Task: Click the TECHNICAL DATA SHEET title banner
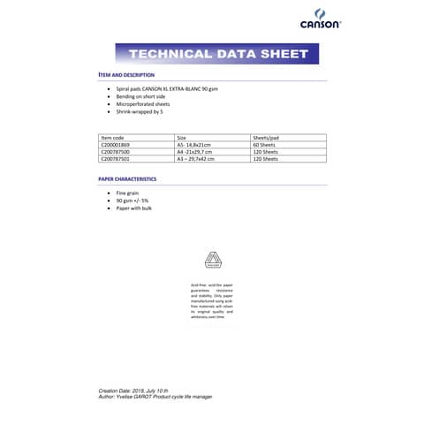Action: [212, 54]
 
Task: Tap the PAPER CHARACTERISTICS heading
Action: [127, 178]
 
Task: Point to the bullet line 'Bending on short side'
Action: [144, 97]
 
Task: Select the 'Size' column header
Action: [182, 138]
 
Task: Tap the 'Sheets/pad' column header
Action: [266, 138]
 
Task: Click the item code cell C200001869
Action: [117, 145]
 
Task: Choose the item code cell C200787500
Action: [117, 152]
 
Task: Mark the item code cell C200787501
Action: [117, 159]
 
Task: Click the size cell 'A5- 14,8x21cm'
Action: [195, 145]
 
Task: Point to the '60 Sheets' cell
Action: [264, 145]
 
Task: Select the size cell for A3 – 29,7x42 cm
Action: [198, 159]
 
